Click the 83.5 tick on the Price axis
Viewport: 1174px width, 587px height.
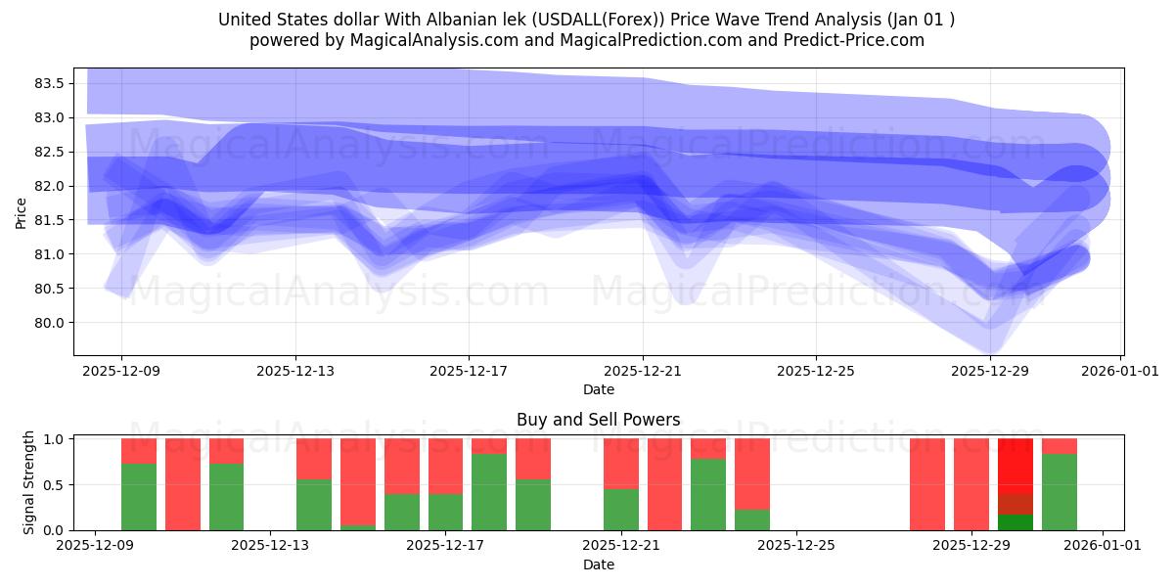click(49, 83)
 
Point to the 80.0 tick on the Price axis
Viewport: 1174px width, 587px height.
click(49, 323)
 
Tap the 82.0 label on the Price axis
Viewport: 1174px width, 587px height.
click(49, 186)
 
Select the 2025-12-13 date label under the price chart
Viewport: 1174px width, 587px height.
click(294, 371)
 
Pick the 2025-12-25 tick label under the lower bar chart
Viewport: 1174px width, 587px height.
click(796, 546)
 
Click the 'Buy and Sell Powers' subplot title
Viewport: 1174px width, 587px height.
click(598, 420)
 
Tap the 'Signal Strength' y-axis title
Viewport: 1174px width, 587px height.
click(29, 482)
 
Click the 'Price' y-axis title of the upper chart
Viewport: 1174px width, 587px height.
click(22, 211)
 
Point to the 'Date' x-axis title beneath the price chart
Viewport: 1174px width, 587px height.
click(598, 389)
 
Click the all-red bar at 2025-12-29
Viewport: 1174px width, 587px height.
click(971, 484)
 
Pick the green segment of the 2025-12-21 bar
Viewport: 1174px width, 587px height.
click(620, 509)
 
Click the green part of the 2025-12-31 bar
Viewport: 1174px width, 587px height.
click(1059, 492)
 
